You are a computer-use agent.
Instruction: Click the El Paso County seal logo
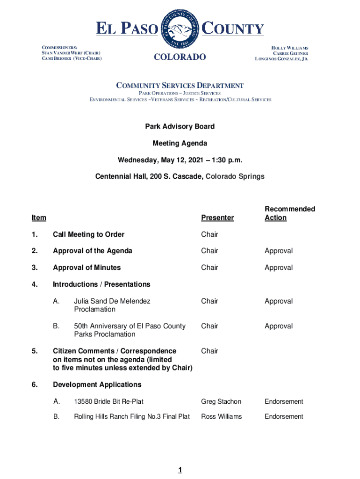point(180,29)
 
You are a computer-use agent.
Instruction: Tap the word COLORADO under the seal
point(180,57)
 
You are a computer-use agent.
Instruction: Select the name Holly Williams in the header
point(289,48)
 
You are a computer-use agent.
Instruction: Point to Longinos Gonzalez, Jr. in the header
point(281,59)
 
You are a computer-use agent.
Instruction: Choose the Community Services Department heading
point(180,86)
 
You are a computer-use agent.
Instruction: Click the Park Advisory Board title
point(180,126)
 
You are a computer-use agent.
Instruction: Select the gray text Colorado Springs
point(235,176)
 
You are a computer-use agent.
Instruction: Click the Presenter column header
point(217,218)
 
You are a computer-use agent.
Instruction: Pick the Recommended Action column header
point(289,213)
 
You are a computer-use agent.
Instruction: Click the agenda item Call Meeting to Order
point(88,234)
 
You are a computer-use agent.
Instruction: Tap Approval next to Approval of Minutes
point(279,268)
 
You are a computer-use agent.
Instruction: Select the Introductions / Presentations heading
point(101,284)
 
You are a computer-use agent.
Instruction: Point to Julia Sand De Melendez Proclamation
point(112,305)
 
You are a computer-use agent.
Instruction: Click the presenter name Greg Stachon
point(221,401)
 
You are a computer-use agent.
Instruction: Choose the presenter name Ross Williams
point(222,416)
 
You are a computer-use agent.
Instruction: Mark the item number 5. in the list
point(35,351)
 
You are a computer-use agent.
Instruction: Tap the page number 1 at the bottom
point(180,470)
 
